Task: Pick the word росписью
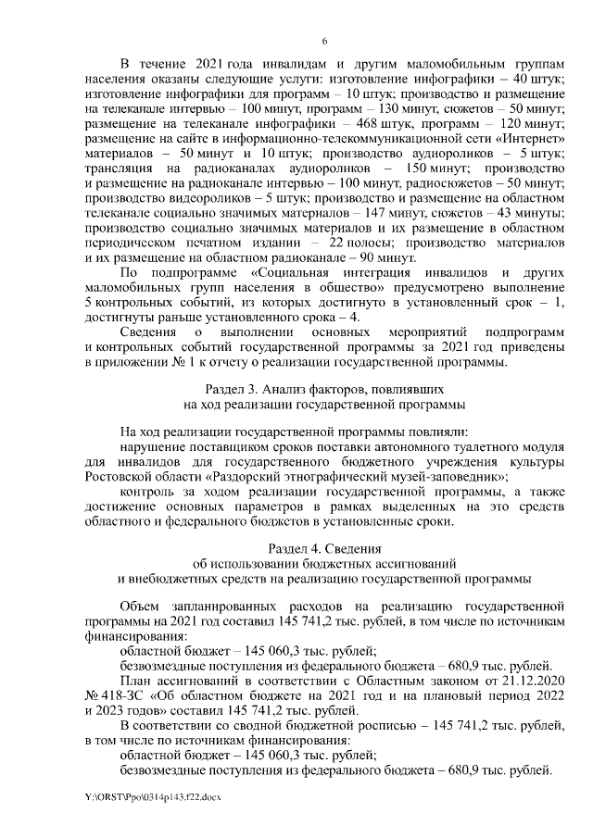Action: (364, 725)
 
